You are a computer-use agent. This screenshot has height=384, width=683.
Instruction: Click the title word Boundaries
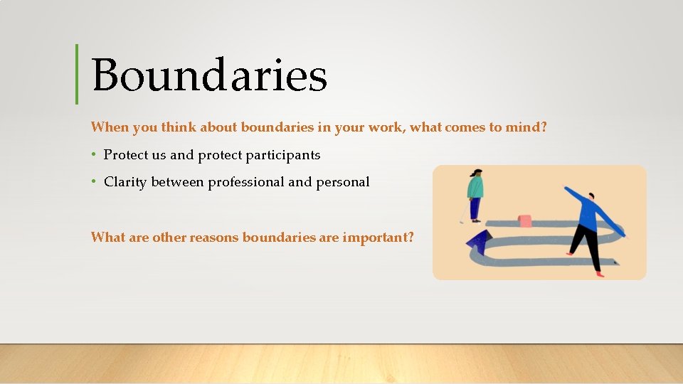[209, 75]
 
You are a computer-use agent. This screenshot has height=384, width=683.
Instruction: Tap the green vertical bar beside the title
[77, 74]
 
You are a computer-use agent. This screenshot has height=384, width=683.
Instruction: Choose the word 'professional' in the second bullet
[245, 182]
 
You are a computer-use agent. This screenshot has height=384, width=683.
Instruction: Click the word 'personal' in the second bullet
[342, 182]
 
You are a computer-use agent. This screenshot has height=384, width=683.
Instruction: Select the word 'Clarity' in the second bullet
[125, 182]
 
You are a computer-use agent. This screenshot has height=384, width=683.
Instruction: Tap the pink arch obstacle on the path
[526, 220]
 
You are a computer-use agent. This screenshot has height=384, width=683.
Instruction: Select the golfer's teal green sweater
[475, 188]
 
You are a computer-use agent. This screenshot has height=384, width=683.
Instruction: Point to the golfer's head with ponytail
[476, 173]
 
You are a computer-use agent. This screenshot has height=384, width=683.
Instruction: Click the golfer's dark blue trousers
[475, 208]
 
